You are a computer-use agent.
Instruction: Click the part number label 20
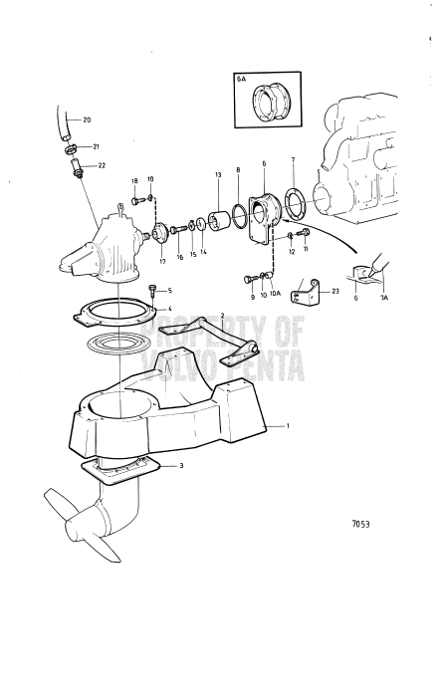[87, 119]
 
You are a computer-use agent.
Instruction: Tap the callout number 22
[102, 166]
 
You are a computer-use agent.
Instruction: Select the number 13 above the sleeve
[218, 175]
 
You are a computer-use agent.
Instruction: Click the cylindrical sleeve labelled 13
[218, 220]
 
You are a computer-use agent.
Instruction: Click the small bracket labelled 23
[306, 292]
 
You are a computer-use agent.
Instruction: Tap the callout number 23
[335, 292]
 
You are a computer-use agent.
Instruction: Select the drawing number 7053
[360, 524]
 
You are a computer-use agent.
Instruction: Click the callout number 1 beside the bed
[288, 425]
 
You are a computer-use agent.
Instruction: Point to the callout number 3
[181, 466]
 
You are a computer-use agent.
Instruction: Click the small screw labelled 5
[153, 291]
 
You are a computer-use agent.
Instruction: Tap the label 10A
[275, 293]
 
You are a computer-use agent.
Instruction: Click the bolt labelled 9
[250, 279]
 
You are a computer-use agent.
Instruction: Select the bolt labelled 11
[305, 232]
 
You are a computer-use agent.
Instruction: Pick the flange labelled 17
[158, 234]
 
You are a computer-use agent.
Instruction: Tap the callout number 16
[180, 257]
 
